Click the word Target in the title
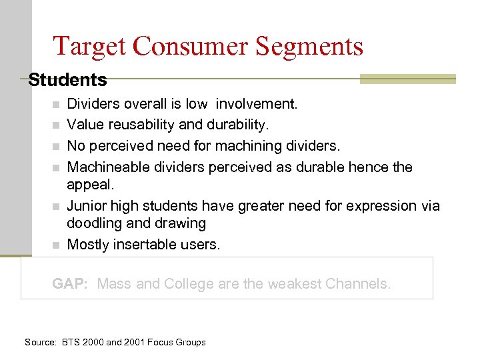(89, 46)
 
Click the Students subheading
(67, 80)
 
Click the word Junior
(87, 206)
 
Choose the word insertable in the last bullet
(145, 245)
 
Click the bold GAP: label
(70, 284)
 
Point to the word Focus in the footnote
(157, 343)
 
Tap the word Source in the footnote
(40, 343)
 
